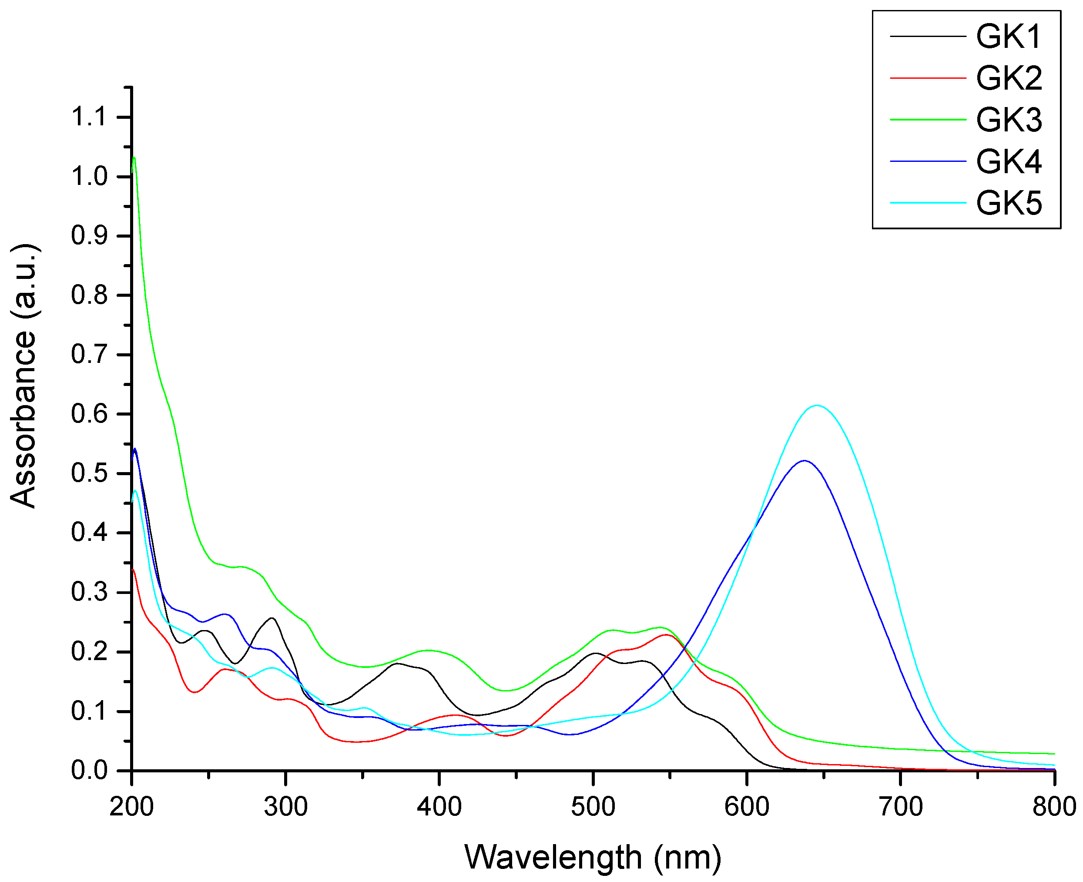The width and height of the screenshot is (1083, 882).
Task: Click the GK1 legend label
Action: (x=1008, y=37)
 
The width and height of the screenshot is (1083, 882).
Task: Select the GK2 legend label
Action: (x=1008, y=78)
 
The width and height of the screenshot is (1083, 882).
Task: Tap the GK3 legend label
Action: (x=1008, y=120)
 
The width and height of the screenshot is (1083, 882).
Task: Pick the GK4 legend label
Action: (x=1008, y=161)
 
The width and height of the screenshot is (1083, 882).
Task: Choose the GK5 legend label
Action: (x=1008, y=203)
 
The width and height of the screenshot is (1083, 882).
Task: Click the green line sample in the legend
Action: (x=928, y=120)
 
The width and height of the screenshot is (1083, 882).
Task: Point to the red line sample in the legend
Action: (x=928, y=78)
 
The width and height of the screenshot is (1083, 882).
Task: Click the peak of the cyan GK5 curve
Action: (x=816, y=406)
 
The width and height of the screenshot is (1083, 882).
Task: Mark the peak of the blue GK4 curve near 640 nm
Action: (x=804, y=461)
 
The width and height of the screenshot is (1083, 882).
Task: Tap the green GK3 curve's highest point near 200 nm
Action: (x=134, y=158)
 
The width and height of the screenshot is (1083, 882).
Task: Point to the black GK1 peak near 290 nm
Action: (x=272, y=618)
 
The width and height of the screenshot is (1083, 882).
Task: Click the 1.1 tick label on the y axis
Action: (x=89, y=117)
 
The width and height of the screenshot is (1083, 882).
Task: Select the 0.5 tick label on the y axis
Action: (x=89, y=473)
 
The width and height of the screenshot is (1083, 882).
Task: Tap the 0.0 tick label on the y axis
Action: (x=89, y=771)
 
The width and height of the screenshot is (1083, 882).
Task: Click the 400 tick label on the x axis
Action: (x=439, y=807)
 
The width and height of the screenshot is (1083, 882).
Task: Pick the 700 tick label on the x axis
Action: (x=900, y=807)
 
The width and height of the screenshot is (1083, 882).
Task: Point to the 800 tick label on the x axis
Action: (x=1053, y=807)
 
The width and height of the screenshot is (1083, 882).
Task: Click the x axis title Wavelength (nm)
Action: (x=592, y=858)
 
